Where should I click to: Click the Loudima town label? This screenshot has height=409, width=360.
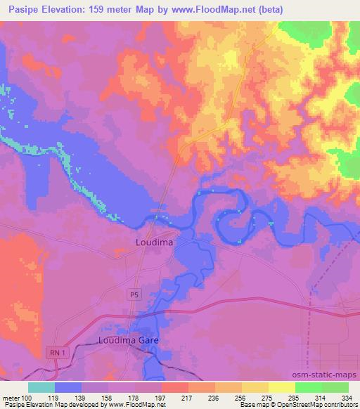[x=153, y=242]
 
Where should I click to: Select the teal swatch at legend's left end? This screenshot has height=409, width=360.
[x=41, y=387]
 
